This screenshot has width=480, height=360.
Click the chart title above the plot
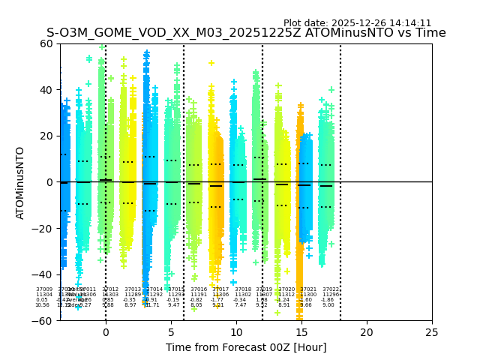point(246,33)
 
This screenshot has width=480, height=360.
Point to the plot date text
point(357,23)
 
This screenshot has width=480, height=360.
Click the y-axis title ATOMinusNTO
point(20,182)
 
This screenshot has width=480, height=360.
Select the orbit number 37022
point(331,289)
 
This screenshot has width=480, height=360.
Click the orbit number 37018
point(243,289)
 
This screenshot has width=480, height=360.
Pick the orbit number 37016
point(199,289)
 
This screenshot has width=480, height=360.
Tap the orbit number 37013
point(133,289)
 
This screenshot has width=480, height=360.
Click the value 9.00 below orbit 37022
point(328,305)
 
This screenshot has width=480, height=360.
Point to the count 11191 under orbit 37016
point(199,295)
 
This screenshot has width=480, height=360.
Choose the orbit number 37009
point(44,289)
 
